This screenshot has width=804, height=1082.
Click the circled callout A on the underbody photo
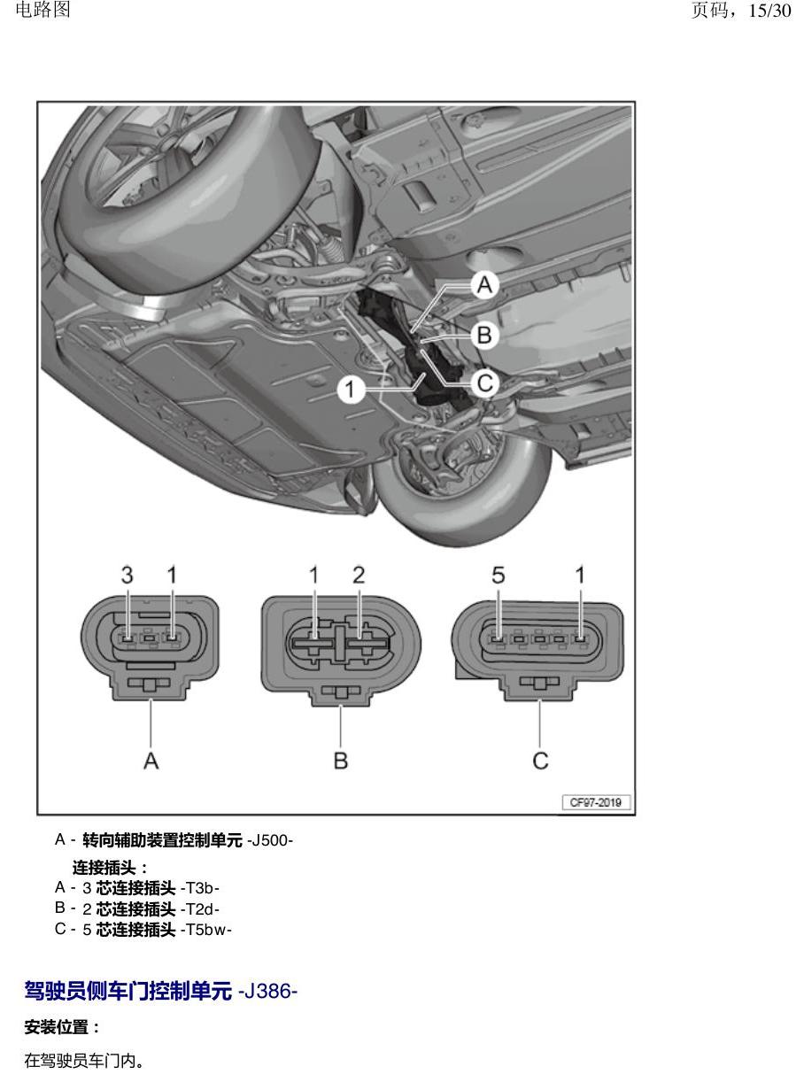coord(484,284)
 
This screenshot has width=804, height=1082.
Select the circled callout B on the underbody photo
coord(484,336)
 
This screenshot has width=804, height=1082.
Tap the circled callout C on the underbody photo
coord(484,383)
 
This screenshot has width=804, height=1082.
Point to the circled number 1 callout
coord(351,390)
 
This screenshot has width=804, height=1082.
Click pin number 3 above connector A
coord(127,575)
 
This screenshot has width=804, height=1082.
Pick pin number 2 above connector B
coord(359,575)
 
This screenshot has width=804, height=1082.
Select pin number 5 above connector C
coord(498,575)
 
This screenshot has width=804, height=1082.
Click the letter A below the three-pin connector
coord(151,761)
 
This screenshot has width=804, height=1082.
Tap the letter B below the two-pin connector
coord(341,761)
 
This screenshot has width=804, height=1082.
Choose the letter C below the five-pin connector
coord(540,761)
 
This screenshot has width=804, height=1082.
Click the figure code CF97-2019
coord(596,802)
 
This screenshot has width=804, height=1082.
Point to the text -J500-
coord(270,840)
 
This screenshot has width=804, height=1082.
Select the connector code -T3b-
coord(200,888)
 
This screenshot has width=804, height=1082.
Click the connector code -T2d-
coord(200,909)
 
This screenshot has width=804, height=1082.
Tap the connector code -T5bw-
coord(206,930)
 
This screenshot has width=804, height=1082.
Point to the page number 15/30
coord(769,11)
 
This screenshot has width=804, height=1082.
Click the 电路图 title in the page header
coord(43,9)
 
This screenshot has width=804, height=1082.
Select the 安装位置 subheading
coord(57,1027)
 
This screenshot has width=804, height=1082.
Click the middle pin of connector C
coord(539,638)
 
